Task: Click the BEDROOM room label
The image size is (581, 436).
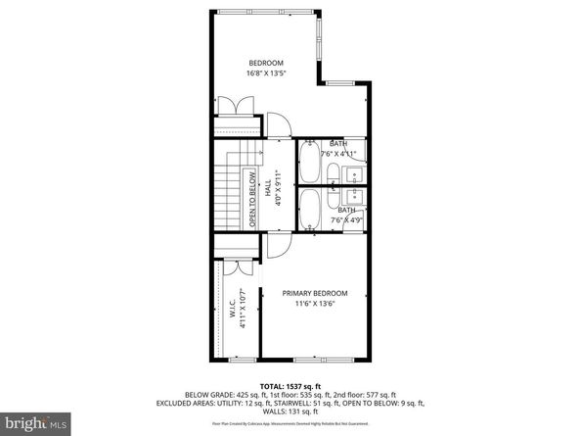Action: tap(264, 62)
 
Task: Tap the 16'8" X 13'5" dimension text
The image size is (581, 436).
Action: tap(264, 73)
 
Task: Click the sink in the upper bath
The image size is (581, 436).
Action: tap(355, 175)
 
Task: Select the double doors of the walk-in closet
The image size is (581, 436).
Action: tap(235, 267)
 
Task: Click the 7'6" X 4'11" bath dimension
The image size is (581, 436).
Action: tap(347, 154)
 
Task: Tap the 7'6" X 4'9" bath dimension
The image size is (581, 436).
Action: tap(347, 219)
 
